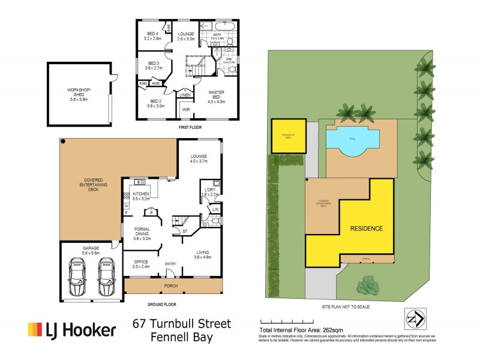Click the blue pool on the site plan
tap(353, 139)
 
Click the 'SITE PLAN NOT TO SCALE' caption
tap(345, 306)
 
